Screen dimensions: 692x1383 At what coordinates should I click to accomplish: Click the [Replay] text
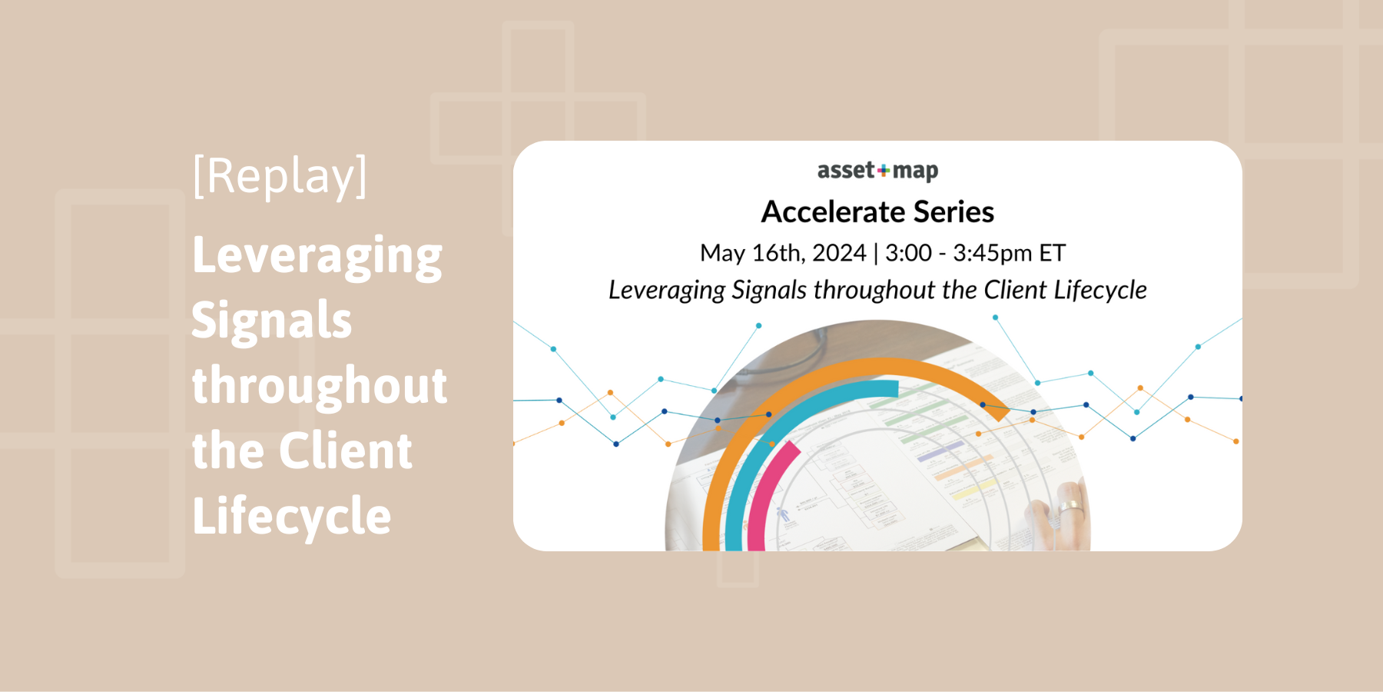[280, 176]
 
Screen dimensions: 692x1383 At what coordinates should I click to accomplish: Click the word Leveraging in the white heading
[317, 256]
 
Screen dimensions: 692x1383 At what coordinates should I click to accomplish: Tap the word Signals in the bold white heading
[271, 321]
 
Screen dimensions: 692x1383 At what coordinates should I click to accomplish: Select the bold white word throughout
[319, 385]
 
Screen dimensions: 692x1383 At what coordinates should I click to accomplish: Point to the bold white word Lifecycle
[291, 516]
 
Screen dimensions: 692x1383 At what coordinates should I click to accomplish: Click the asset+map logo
[877, 171]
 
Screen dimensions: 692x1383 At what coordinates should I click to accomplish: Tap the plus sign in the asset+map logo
[884, 171]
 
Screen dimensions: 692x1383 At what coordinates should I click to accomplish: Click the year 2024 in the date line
[839, 253]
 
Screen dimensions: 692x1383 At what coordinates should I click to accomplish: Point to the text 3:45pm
[992, 253]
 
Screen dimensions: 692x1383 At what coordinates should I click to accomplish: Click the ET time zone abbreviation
[1052, 253]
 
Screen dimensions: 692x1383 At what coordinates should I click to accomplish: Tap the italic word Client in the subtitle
[1015, 291]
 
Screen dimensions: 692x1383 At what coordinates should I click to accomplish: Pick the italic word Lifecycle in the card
[1100, 291]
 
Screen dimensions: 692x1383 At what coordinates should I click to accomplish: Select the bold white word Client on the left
[345, 451]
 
